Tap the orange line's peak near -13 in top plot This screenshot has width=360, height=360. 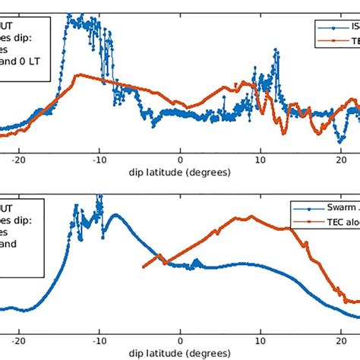pos(74,76)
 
